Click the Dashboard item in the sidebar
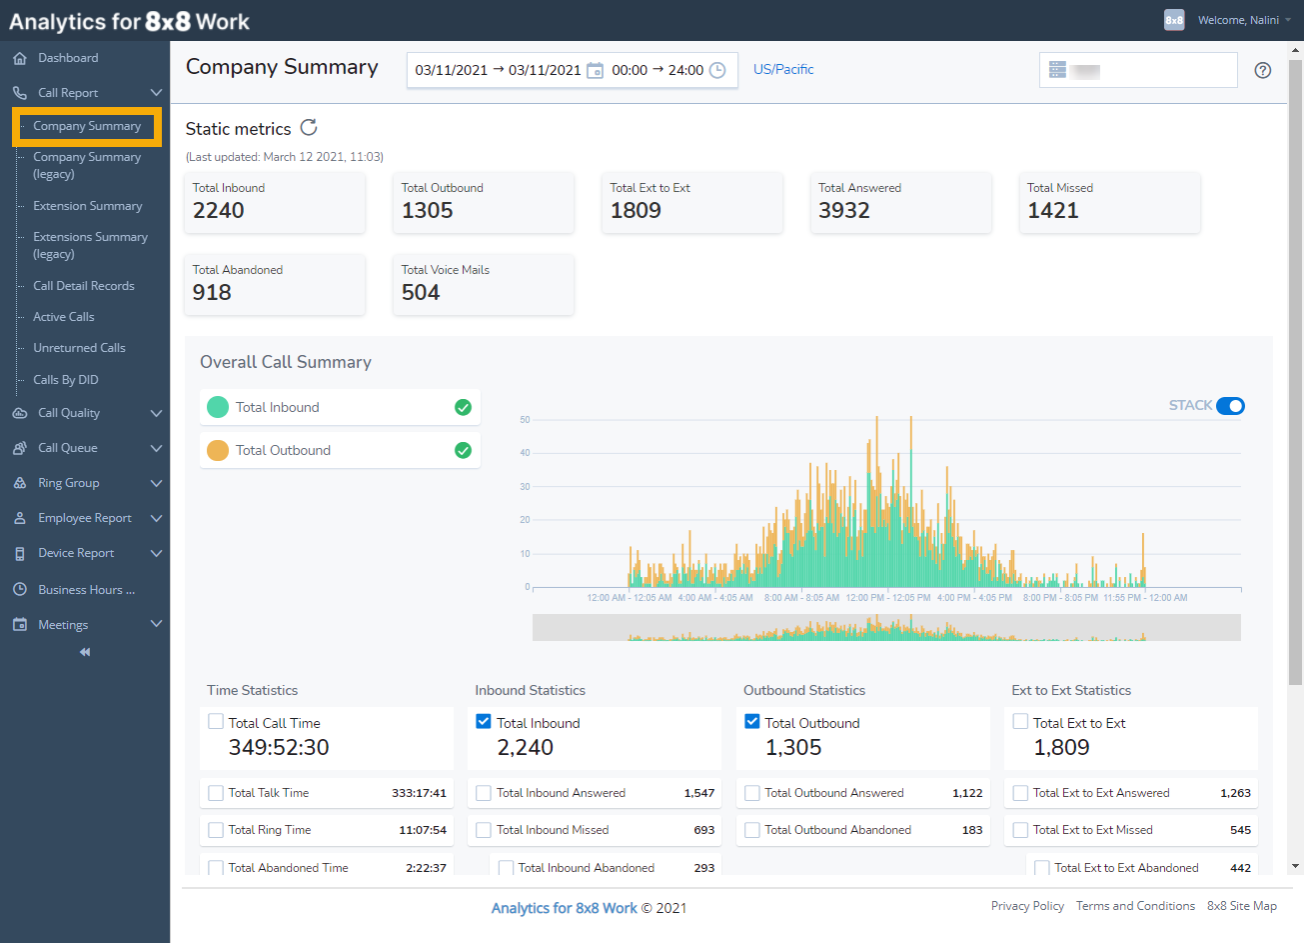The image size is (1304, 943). pos(67,58)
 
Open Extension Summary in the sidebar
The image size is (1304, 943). pos(87,206)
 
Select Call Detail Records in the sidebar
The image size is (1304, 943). pos(83,286)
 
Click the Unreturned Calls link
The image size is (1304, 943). pos(79,348)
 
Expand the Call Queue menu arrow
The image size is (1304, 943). pos(156,448)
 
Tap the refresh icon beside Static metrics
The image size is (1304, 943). pos(309,127)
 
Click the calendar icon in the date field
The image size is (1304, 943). pos(595,70)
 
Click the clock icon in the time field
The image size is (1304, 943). pos(717,70)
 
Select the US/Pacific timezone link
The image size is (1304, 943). pos(783,69)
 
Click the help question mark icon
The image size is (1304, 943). pos(1263,70)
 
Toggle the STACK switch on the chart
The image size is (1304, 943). pos(1230,406)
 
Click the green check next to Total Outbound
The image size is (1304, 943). pos(463,450)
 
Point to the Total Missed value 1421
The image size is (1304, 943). pos(1053,211)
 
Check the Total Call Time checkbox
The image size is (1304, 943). pos(216,721)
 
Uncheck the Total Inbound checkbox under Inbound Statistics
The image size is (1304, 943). pos(484,721)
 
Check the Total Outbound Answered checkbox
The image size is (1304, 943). pos(752,793)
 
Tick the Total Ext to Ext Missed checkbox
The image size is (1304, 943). pos(1020,830)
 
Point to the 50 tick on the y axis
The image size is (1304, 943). pos(525,420)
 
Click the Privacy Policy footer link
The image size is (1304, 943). pos(1027,906)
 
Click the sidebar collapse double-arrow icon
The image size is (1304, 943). pos(85,652)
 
